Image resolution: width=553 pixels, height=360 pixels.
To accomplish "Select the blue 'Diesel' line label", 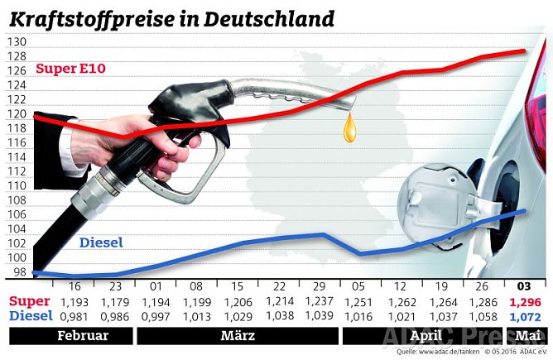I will point(101,242).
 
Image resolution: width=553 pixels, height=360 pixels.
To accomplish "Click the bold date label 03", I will point(523,286).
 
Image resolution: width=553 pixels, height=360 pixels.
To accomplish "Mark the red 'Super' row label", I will point(30,301).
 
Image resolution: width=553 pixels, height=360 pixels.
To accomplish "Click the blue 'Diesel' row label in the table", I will point(31,315).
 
